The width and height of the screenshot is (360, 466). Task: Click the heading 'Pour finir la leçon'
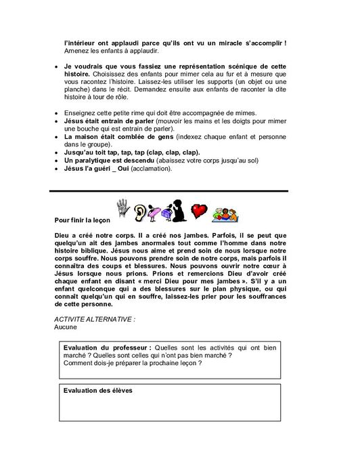tap(81, 220)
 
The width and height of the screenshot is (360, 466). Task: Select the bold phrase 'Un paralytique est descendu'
tap(108, 161)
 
